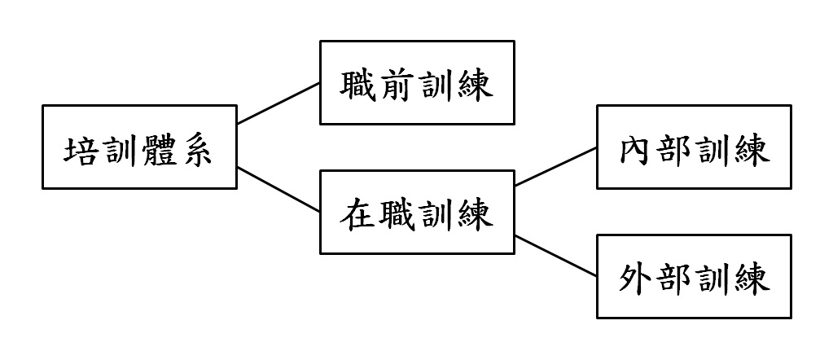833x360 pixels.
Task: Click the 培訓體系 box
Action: [x=139, y=147]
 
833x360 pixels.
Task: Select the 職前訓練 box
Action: [x=417, y=82]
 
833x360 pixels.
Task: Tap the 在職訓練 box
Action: [x=417, y=213]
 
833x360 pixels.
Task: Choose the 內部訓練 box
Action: [x=694, y=147]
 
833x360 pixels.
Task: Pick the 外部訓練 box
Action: [x=694, y=277]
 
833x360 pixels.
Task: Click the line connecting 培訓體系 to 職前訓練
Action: [x=278, y=103]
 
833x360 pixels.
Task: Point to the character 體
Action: [x=159, y=151]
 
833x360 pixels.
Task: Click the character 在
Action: [x=358, y=215]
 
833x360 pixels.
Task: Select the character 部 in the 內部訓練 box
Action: [x=674, y=151]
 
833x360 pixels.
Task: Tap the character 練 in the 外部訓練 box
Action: [x=752, y=280]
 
